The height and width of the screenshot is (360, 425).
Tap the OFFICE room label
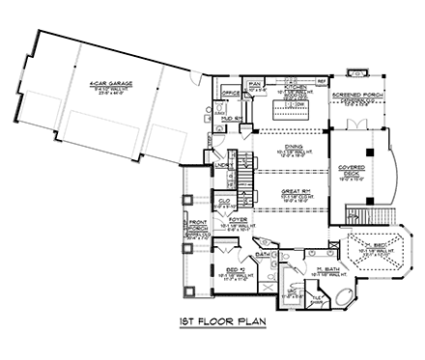tap(230, 93)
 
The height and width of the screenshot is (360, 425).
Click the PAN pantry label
tap(257, 86)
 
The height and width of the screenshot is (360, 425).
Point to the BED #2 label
tap(236, 270)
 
